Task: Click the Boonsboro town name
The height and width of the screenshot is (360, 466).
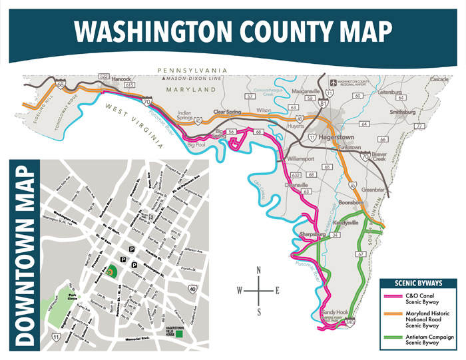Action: click(x=352, y=202)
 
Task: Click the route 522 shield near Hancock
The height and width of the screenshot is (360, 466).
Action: click(x=103, y=77)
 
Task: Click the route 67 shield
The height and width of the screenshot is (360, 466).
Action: click(x=360, y=254)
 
